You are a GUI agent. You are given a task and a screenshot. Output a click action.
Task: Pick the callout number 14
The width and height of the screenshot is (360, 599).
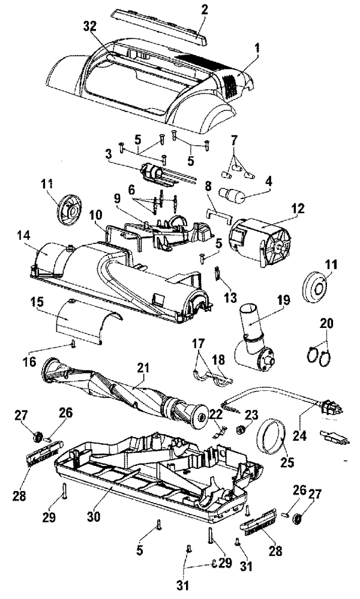(x=41, y=237)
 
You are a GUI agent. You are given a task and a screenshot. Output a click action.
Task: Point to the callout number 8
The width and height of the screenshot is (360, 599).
(x=209, y=185)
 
